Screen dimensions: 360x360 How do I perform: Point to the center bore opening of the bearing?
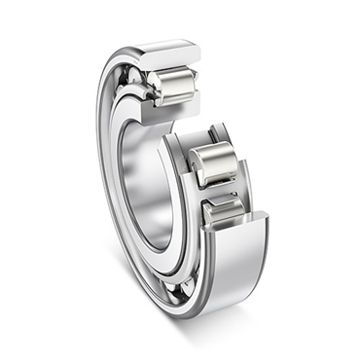(146, 185)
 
